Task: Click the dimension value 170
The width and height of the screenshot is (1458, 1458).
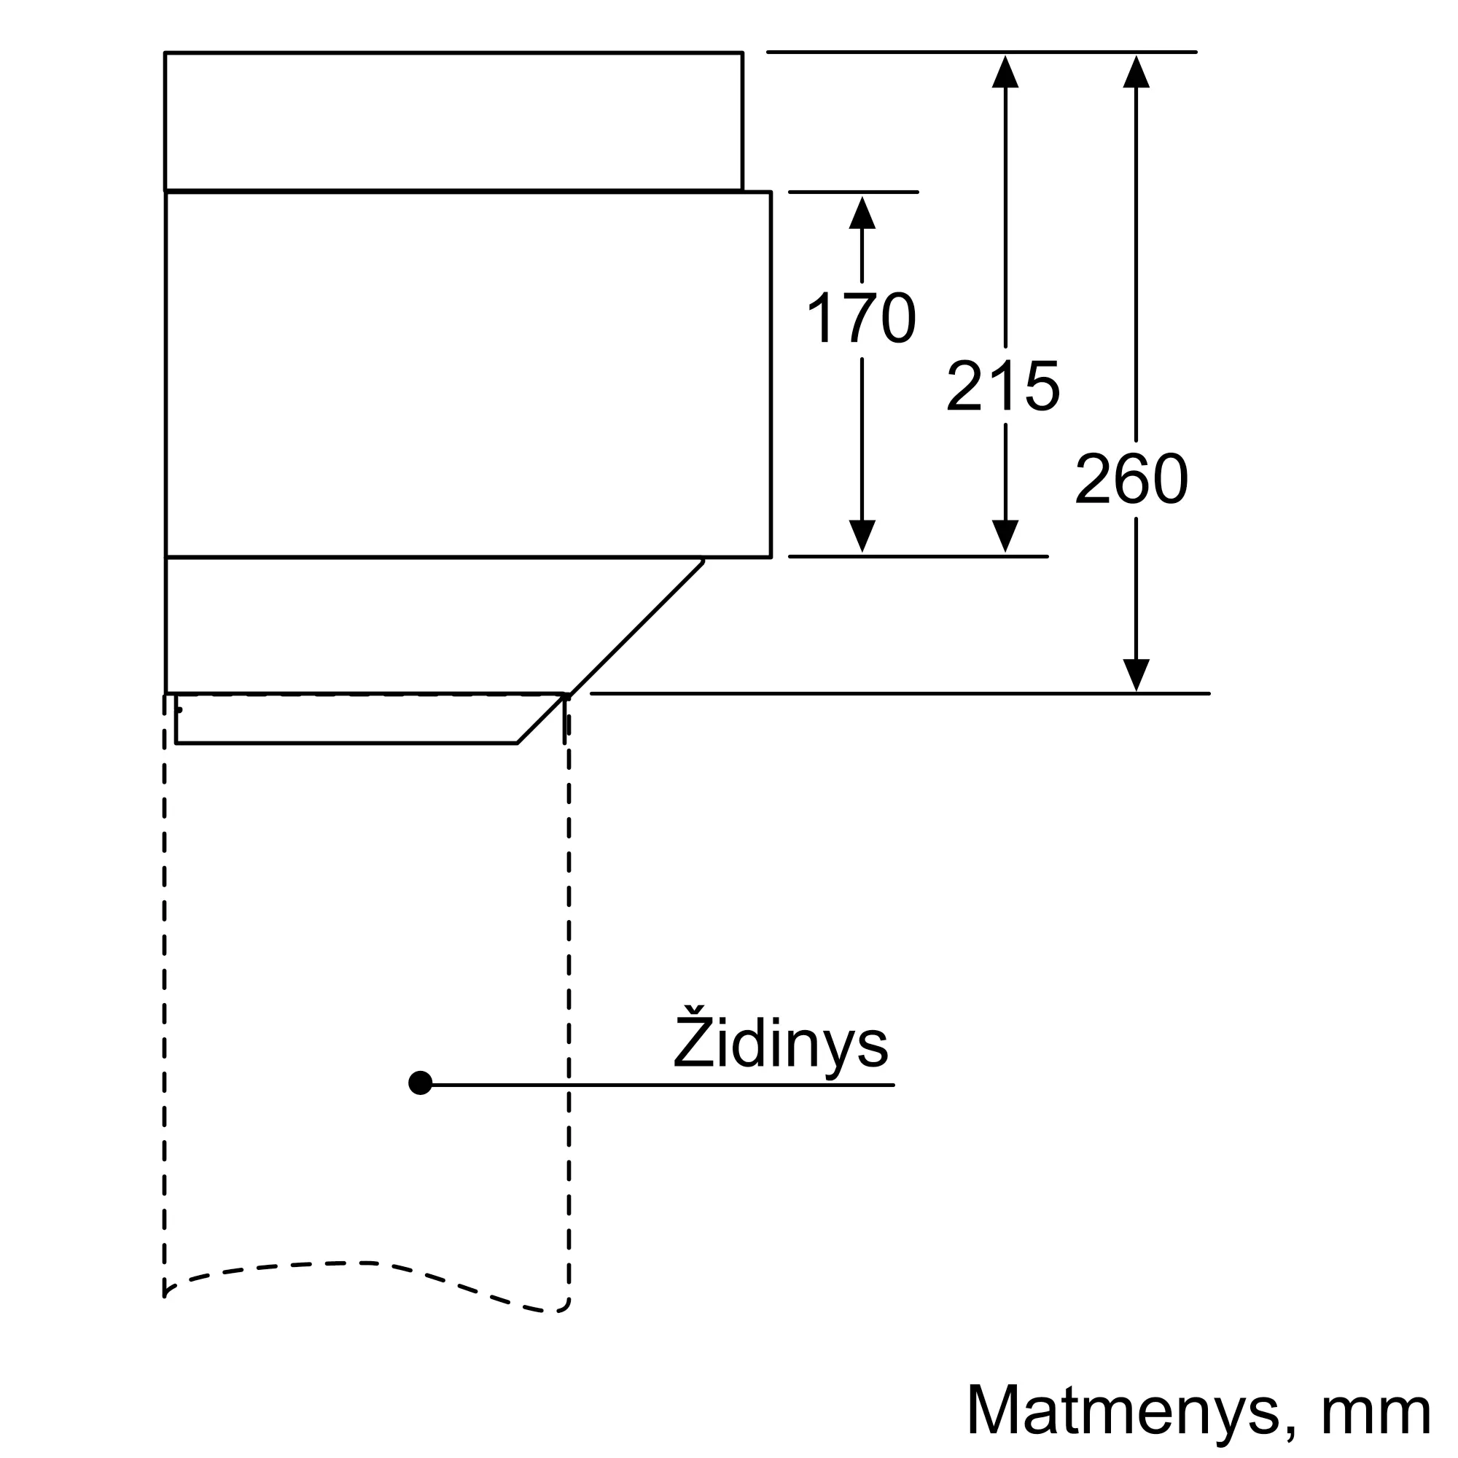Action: pyautogui.click(x=861, y=318)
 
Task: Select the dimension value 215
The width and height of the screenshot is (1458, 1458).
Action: pyautogui.click(x=1003, y=386)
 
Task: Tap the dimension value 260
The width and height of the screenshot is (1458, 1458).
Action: pyautogui.click(x=1131, y=477)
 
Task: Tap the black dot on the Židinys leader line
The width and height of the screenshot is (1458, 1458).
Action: pyautogui.click(x=421, y=1083)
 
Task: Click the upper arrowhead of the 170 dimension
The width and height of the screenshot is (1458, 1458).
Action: pyautogui.click(x=862, y=212)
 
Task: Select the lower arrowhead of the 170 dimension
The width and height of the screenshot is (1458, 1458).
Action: pyautogui.click(x=862, y=537)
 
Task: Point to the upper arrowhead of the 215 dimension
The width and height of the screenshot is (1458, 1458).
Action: pyautogui.click(x=1005, y=71)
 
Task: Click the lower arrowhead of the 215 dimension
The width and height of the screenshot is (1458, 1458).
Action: pyautogui.click(x=1005, y=537)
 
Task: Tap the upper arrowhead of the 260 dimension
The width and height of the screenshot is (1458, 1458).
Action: pyautogui.click(x=1136, y=71)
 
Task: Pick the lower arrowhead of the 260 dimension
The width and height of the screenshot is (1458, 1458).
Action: pyautogui.click(x=1136, y=676)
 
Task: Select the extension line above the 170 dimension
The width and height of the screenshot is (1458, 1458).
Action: pyautogui.click(x=854, y=192)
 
